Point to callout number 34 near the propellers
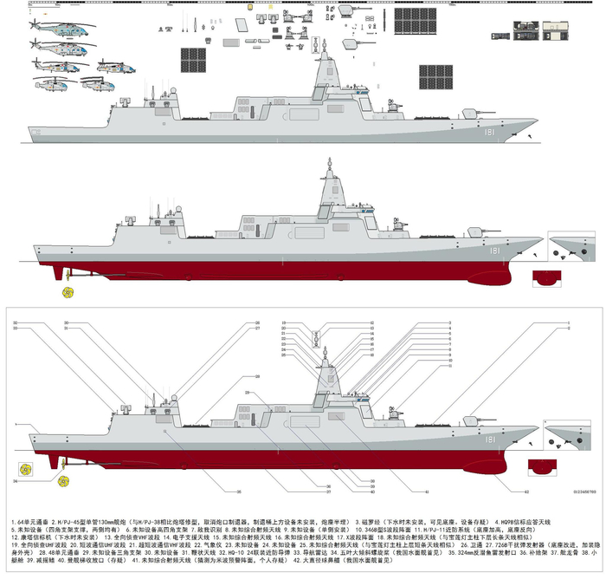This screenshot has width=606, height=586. tap(16, 479)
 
